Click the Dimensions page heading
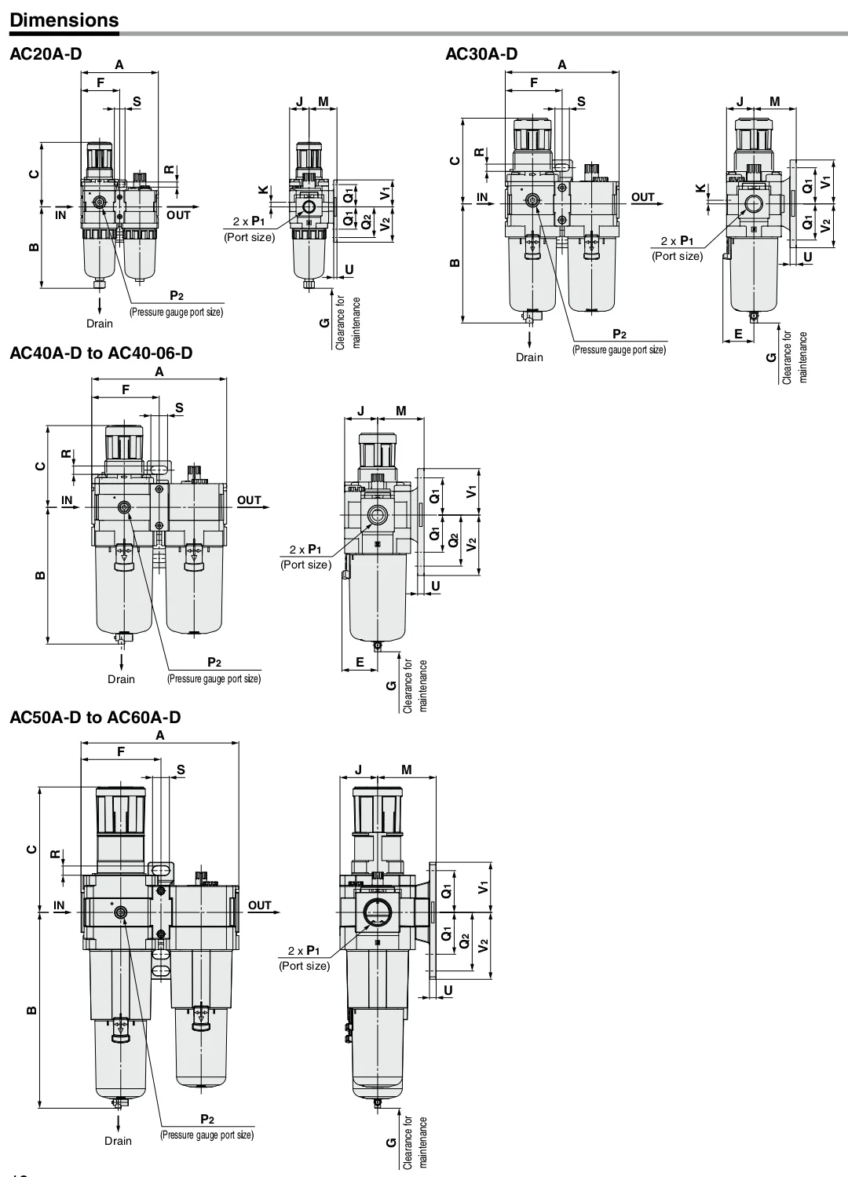[64, 20]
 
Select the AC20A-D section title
[46, 54]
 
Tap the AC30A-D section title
[481, 54]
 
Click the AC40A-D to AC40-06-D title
[101, 353]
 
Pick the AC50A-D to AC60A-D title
[95, 717]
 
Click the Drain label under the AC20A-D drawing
[100, 323]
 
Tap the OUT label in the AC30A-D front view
[643, 197]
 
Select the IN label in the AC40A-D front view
[67, 500]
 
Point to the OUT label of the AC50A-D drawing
[259, 905]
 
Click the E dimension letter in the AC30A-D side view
[738, 334]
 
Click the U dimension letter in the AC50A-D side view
[448, 990]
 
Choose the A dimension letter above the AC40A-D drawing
[159, 372]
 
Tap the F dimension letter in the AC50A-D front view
[121, 751]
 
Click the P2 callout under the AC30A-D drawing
[620, 334]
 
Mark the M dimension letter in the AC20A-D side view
[323, 102]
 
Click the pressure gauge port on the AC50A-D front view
[121, 914]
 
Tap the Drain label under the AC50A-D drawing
[118, 1141]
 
